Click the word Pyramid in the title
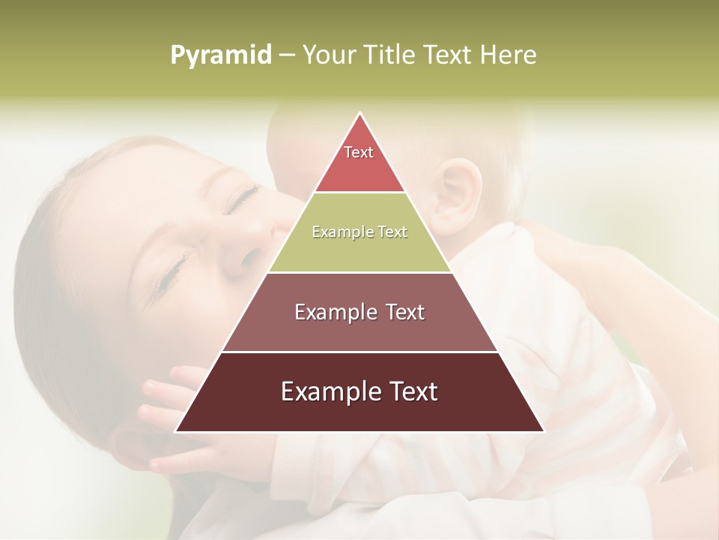tap(220, 55)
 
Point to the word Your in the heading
tap(327, 55)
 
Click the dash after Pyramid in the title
tap(287, 55)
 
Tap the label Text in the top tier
tap(359, 152)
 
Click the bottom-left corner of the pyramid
tap(177, 431)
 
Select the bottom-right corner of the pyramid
tap(543, 431)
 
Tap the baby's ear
tap(459, 195)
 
